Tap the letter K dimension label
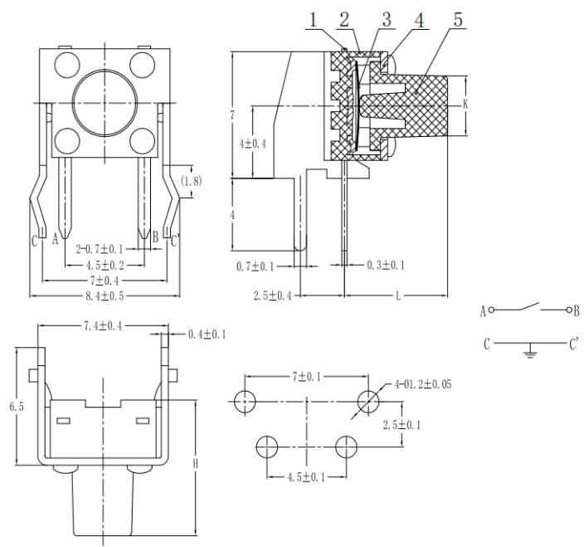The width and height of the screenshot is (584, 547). pos(466,105)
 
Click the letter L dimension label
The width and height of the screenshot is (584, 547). pos(399,295)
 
